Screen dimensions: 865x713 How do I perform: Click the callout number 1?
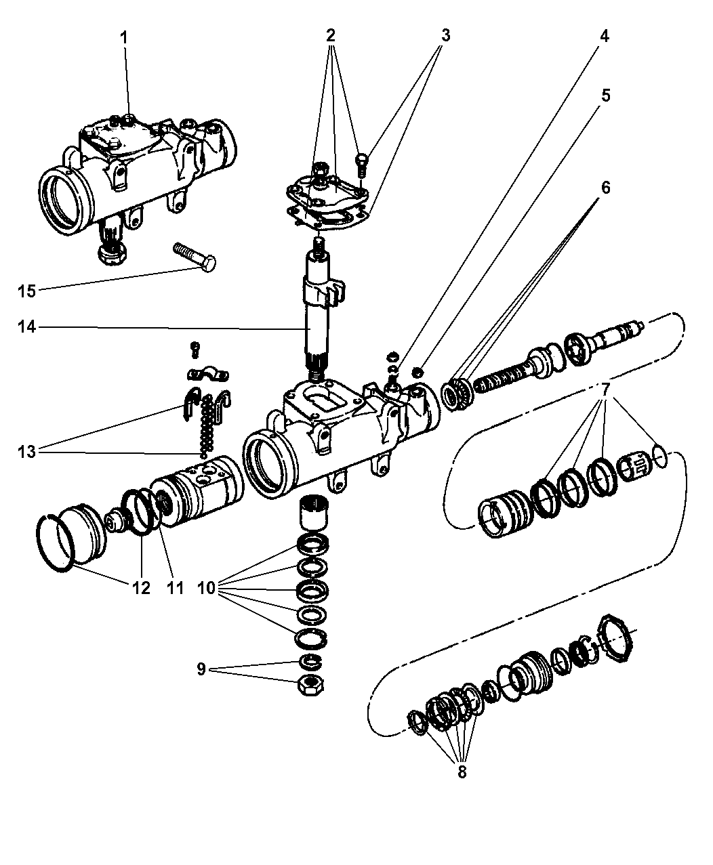(124, 39)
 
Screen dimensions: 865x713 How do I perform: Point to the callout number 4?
(603, 36)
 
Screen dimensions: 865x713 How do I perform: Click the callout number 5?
(605, 95)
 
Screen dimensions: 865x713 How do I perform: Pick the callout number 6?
(605, 188)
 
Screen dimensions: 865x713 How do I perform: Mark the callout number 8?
(462, 772)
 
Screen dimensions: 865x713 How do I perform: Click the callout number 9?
(201, 669)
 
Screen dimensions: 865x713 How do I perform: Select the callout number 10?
(207, 588)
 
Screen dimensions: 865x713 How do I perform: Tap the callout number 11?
(176, 587)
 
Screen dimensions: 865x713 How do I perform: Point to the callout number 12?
(141, 587)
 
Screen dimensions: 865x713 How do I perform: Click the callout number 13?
(26, 452)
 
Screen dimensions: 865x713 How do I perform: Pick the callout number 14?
(26, 327)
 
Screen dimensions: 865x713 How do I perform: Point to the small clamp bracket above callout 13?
(207, 373)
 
